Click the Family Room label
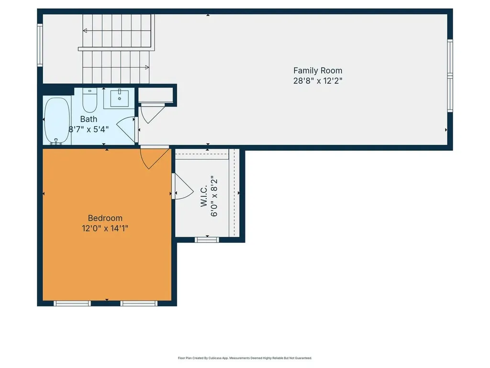[x=318, y=70]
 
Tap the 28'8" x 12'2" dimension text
[x=318, y=80]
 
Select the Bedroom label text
[x=105, y=218]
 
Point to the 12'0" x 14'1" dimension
[x=105, y=229]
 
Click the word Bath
[x=89, y=119]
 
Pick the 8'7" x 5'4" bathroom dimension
[x=89, y=129]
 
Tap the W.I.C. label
[x=203, y=197]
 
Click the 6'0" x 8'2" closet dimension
[x=214, y=197]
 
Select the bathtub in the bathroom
[x=57, y=121]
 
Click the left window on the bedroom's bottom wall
[x=72, y=303]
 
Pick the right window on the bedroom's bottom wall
[x=139, y=303]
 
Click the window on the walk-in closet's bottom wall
[x=207, y=239]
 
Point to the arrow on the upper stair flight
[x=85, y=31]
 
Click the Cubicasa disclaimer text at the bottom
[x=245, y=358]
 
